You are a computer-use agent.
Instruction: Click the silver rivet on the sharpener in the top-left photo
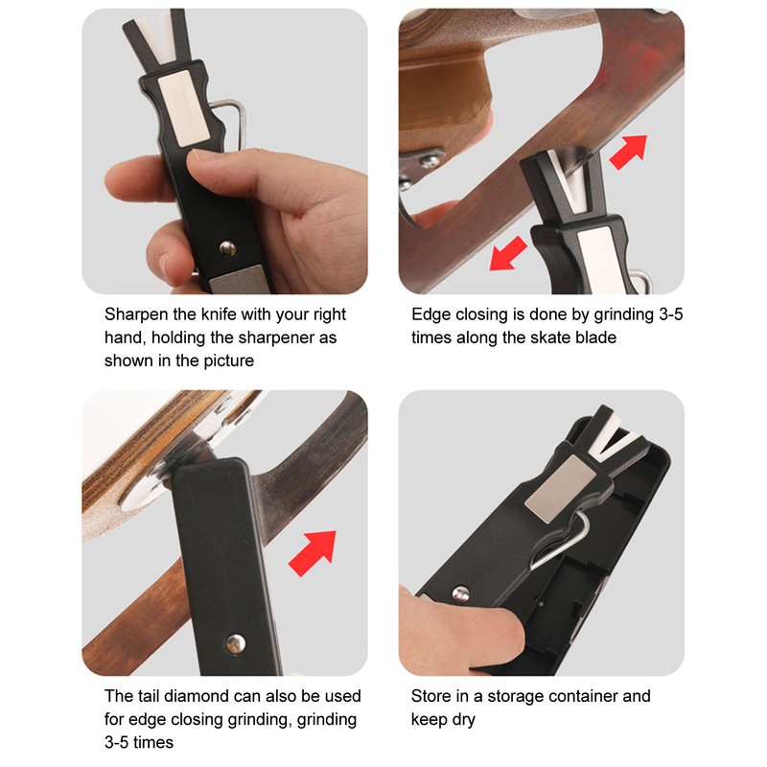[225, 249]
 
